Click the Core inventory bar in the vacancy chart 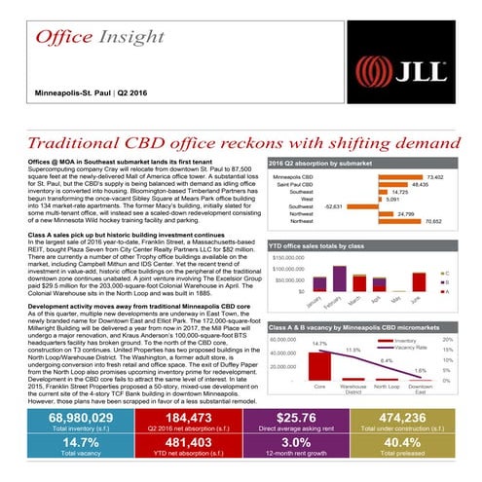(319, 359)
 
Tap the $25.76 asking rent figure (301, 419)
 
